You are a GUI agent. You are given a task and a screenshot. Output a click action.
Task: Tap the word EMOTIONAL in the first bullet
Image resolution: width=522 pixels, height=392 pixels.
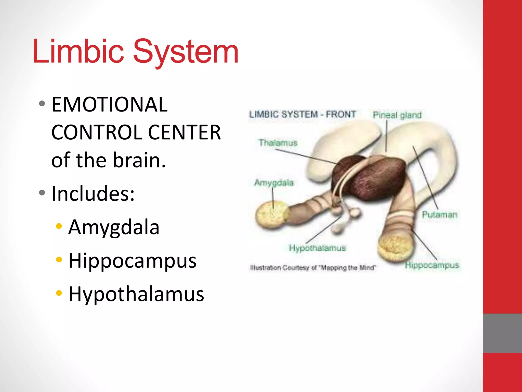tap(109, 105)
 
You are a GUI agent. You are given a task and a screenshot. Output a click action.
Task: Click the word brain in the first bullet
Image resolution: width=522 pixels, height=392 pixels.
tap(139, 160)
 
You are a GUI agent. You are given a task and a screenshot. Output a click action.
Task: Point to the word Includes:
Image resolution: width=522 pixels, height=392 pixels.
tap(93, 193)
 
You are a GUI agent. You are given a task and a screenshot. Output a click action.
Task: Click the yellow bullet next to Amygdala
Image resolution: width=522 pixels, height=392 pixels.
tap(59, 226)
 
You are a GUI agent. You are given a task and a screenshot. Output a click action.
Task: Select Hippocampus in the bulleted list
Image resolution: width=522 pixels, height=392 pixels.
tap(132, 261)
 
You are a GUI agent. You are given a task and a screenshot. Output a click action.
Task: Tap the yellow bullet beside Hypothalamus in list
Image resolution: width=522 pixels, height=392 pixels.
tap(59, 293)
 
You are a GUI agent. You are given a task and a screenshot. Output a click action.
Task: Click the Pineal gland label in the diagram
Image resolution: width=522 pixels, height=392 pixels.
tap(397, 115)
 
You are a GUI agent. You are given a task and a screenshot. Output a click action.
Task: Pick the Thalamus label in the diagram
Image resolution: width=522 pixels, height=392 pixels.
tap(278, 143)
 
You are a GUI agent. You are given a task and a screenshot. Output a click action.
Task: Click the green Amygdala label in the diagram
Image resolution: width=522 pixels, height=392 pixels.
tap(274, 183)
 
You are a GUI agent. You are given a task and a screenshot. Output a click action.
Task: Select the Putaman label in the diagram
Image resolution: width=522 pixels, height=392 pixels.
tap(439, 215)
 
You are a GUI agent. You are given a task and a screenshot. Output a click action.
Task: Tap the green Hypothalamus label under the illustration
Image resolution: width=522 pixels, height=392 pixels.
tap(317, 248)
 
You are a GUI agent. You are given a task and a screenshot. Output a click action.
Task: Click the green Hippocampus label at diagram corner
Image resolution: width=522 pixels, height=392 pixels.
tap(432, 265)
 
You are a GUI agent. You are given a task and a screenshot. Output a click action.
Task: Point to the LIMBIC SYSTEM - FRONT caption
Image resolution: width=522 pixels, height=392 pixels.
tap(302, 114)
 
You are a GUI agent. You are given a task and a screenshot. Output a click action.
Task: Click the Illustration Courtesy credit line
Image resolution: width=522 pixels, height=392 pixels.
tap(313, 268)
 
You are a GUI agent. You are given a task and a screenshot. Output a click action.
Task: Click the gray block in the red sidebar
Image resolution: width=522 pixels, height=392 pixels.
tap(502, 333)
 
